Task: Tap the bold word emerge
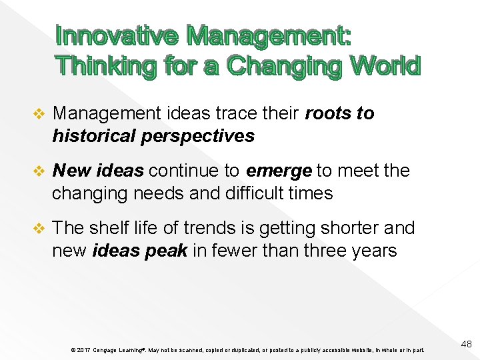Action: click(x=279, y=171)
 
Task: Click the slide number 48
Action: click(x=465, y=344)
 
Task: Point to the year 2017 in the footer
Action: click(x=83, y=350)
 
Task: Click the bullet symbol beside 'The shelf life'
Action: click(x=39, y=228)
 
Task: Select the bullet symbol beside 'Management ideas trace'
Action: click(x=39, y=113)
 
